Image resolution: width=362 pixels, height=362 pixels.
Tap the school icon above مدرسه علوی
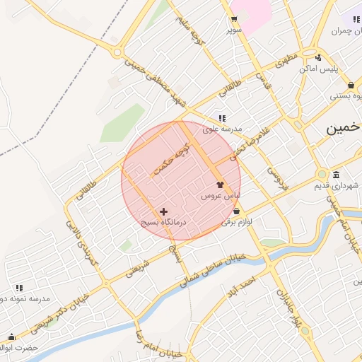tap(222, 118)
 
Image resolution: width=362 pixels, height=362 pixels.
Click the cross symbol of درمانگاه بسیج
tap(164, 211)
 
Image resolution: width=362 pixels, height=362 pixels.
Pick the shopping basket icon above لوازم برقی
tap(235, 211)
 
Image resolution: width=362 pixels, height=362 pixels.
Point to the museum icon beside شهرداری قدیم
tap(335, 175)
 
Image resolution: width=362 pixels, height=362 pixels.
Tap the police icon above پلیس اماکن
tap(318, 57)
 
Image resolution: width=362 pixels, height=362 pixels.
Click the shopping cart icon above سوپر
tap(233, 19)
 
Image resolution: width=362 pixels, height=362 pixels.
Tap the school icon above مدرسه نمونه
tap(19, 288)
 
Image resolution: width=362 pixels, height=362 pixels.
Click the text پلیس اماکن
tap(319, 69)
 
